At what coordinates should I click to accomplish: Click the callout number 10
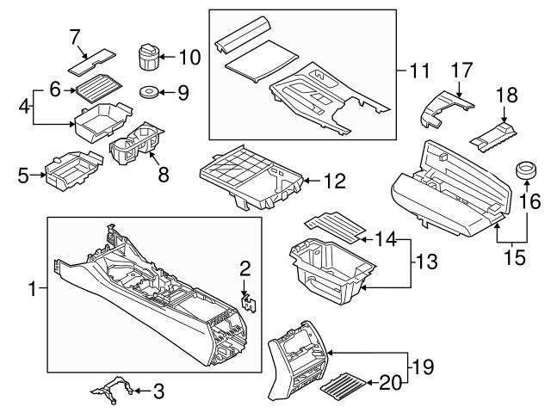(189, 58)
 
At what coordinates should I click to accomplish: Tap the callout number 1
(34, 290)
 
